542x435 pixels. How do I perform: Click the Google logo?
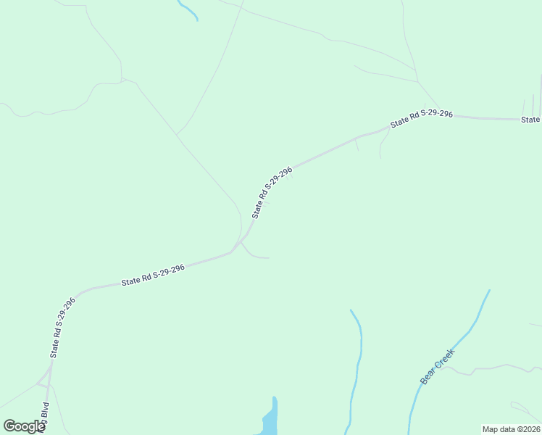24,426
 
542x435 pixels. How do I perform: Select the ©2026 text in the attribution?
528,429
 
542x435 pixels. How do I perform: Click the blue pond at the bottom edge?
269,421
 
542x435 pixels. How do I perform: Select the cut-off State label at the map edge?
531,120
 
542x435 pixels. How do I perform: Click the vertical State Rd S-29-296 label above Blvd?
62,327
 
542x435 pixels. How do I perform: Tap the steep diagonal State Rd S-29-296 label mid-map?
272,192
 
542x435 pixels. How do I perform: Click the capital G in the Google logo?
9,426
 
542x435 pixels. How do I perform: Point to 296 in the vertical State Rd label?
70,304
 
